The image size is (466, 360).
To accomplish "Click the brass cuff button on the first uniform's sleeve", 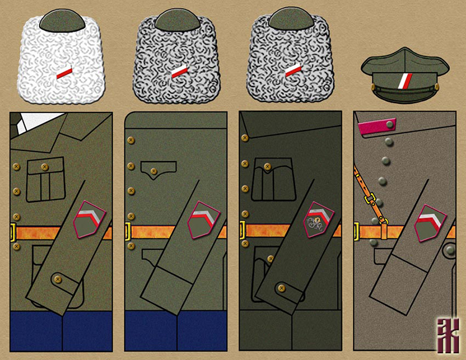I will point(58,279).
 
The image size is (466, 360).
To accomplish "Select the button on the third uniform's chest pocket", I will point(267,167).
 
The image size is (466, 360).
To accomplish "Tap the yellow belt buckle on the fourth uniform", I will point(357,232).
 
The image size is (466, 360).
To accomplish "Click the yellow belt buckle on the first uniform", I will point(13,233).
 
